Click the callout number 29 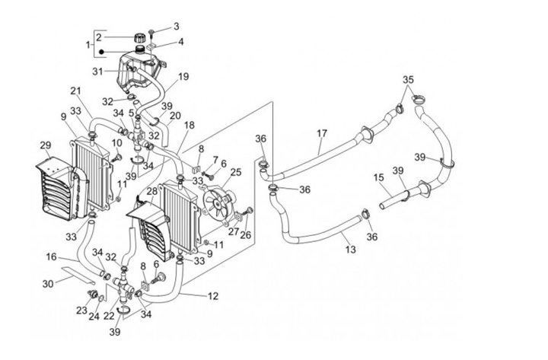(x=46, y=145)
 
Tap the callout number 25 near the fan (x=236, y=172)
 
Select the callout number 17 (x=322, y=133)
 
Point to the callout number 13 (x=351, y=249)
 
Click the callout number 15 (x=378, y=177)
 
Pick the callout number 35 (x=408, y=80)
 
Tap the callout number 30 (x=48, y=283)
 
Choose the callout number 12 (x=213, y=296)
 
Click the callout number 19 (x=183, y=76)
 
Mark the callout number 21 (x=75, y=91)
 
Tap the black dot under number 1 (x=101, y=52)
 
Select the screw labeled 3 (x=151, y=33)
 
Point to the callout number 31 (x=98, y=72)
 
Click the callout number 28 (x=152, y=191)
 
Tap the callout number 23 (x=81, y=310)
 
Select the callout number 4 (x=180, y=42)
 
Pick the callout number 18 (x=189, y=125)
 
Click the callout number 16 (x=51, y=257)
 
